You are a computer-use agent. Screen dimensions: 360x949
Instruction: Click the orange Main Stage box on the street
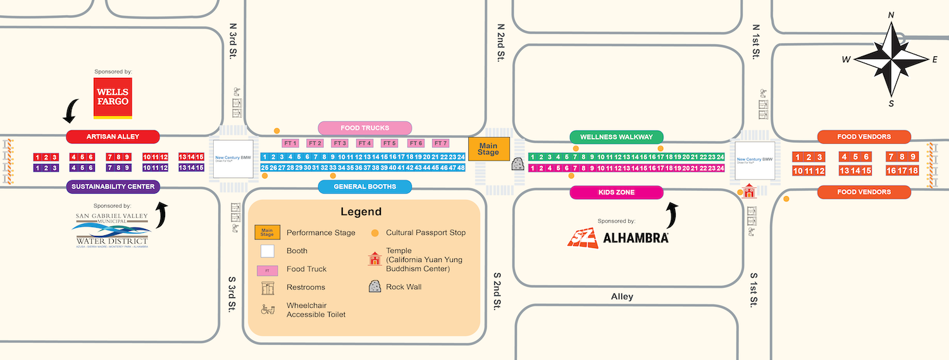(x=488, y=149)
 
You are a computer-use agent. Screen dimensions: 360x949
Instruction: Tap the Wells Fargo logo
(x=113, y=98)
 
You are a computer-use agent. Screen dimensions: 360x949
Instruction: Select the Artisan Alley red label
(x=113, y=137)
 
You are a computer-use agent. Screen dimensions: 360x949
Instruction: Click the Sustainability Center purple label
(x=113, y=187)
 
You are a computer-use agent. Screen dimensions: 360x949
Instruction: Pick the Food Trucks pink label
(x=364, y=128)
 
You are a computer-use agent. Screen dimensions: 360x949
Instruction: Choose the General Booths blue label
(x=364, y=187)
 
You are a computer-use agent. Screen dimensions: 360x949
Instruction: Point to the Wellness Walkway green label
(x=616, y=137)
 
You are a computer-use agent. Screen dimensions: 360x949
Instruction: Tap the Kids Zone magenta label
(x=616, y=192)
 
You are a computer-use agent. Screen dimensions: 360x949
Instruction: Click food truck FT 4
(x=364, y=143)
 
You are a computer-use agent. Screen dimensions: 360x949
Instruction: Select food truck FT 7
(x=440, y=143)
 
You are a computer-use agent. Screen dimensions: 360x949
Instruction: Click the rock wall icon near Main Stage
(x=518, y=164)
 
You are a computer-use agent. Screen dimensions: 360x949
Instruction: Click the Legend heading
(x=361, y=211)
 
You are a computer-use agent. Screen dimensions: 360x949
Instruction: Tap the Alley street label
(x=622, y=297)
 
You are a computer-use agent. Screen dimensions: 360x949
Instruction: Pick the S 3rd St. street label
(x=232, y=293)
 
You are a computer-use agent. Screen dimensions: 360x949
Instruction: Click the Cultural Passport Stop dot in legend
(x=375, y=233)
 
